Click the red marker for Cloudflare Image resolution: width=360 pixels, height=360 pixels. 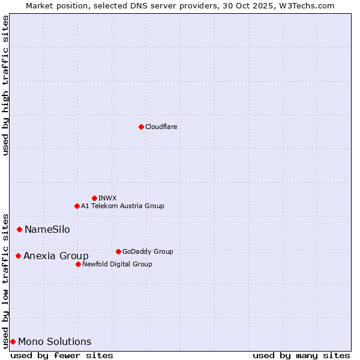tap(141, 127)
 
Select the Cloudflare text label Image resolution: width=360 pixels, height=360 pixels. tap(161, 127)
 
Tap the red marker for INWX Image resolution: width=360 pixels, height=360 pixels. tap(94, 198)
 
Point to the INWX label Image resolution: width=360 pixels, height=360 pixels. tap(107, 198)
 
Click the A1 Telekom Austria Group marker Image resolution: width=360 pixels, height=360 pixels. tap(77, 206)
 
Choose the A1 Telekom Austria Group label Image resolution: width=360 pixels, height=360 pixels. tap(122, 206)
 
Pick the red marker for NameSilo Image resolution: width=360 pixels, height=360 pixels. tap(20, 229)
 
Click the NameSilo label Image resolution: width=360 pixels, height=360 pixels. tap(47, 229)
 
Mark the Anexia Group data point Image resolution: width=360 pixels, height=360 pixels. tap(19, 256)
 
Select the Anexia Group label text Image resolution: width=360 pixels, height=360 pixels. tap(56, 256)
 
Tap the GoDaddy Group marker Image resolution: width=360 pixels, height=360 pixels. tap(118, 251)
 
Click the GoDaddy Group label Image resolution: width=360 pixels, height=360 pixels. tap(147, 251)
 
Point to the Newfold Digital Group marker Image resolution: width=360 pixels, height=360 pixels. tap(78, 264)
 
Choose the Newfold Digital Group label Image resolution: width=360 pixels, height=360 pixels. tap(117, 264)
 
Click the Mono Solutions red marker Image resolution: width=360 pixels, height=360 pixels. tap(13, 341)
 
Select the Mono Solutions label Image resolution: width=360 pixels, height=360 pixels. tap(55, 341)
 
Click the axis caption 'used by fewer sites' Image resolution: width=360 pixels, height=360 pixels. tap(62, 355)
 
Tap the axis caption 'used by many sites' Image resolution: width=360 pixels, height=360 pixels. tap(301, 355)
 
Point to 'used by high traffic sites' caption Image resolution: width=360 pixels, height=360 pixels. tap(6, 85)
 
